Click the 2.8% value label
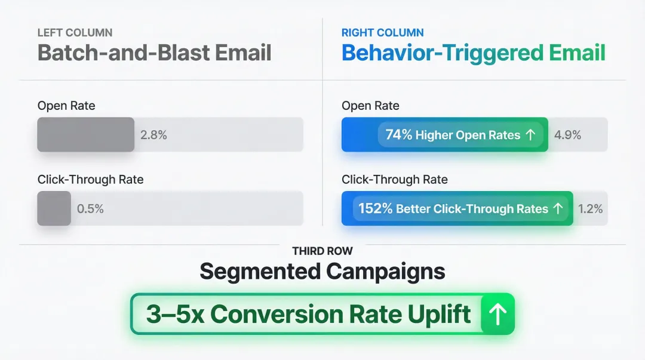coord(153,135)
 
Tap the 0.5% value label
coord(90,209)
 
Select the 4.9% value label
coord(567,135)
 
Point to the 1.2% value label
coord(590,209)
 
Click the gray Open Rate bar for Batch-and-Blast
coord(85,134)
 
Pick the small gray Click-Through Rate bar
coord(54,208)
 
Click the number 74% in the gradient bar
coord(398,135)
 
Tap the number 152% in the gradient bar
coord(375,209)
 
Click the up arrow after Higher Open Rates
coord(530,135)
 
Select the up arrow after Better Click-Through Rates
coord(558,209)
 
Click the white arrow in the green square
coord(497,313)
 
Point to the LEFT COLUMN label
coord(75,33)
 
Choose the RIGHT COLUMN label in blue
coord(382,33)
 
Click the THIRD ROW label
coord(322,251)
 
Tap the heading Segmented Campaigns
coord(322,272)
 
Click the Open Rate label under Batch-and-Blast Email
coord(66,106)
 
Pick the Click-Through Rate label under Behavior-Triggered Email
coord(394,180)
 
